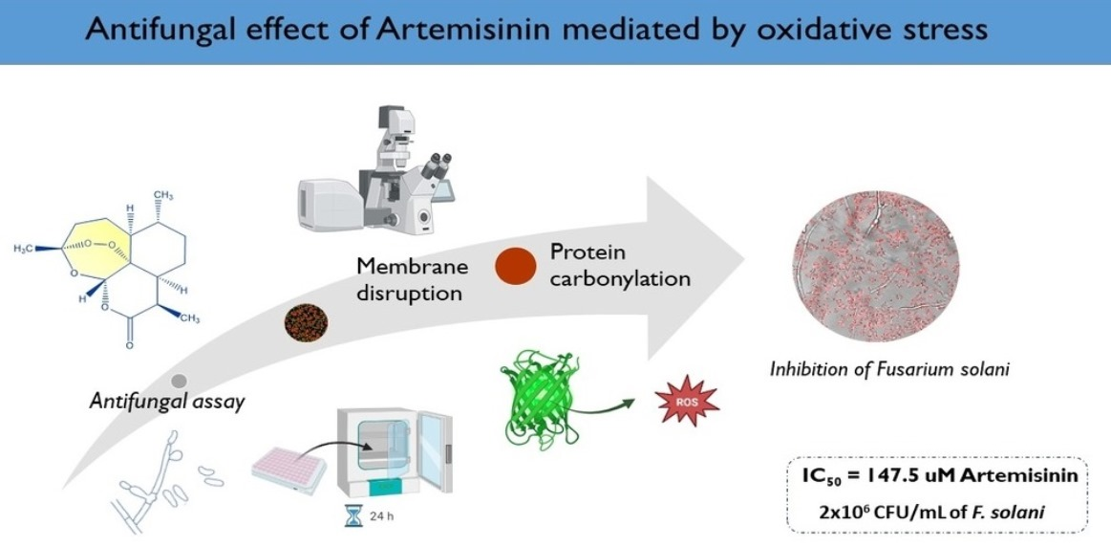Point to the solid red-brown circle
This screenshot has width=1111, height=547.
515,268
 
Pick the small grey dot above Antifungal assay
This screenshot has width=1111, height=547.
179,380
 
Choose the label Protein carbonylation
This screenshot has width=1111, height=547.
619,265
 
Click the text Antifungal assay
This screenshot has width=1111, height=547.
167,402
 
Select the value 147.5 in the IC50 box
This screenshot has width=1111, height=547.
909,475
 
